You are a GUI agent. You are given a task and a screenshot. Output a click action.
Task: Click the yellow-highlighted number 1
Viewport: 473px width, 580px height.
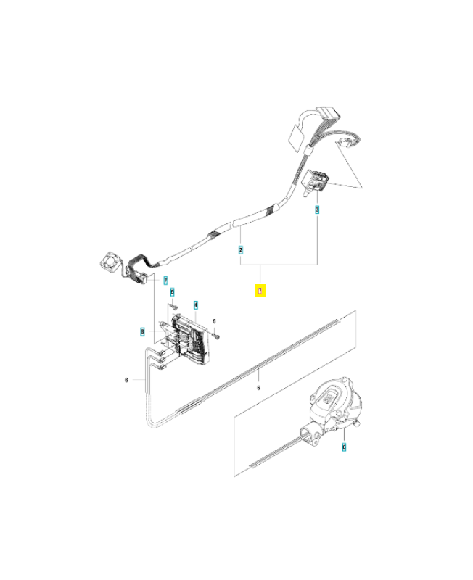260,291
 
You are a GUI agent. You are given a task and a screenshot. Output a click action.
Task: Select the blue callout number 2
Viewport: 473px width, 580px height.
241,250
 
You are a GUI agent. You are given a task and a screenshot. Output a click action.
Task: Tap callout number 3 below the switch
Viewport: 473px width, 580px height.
317,210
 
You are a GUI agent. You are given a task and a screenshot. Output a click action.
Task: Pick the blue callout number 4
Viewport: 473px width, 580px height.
196,305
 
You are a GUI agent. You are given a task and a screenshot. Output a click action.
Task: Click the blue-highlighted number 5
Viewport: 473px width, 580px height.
172,292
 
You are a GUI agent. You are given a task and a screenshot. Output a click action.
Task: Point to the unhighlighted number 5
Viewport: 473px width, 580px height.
214,321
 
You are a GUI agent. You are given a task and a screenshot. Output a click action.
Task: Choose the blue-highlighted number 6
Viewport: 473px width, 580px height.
344,447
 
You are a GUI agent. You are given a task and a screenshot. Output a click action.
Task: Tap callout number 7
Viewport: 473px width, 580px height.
165,281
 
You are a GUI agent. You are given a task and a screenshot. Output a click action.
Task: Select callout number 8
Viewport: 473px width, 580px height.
142,331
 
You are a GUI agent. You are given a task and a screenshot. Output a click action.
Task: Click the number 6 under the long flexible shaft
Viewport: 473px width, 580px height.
258,388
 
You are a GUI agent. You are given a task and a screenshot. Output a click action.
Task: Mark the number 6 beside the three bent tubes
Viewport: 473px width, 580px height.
126,380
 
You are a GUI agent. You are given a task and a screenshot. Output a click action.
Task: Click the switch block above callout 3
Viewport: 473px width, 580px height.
316,181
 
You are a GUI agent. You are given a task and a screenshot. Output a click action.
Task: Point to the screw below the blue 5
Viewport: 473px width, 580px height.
173,306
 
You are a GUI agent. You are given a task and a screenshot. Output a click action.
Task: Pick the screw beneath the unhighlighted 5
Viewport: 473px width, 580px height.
216,336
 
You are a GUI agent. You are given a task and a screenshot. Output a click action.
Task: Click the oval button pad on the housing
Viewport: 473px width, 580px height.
328,399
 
